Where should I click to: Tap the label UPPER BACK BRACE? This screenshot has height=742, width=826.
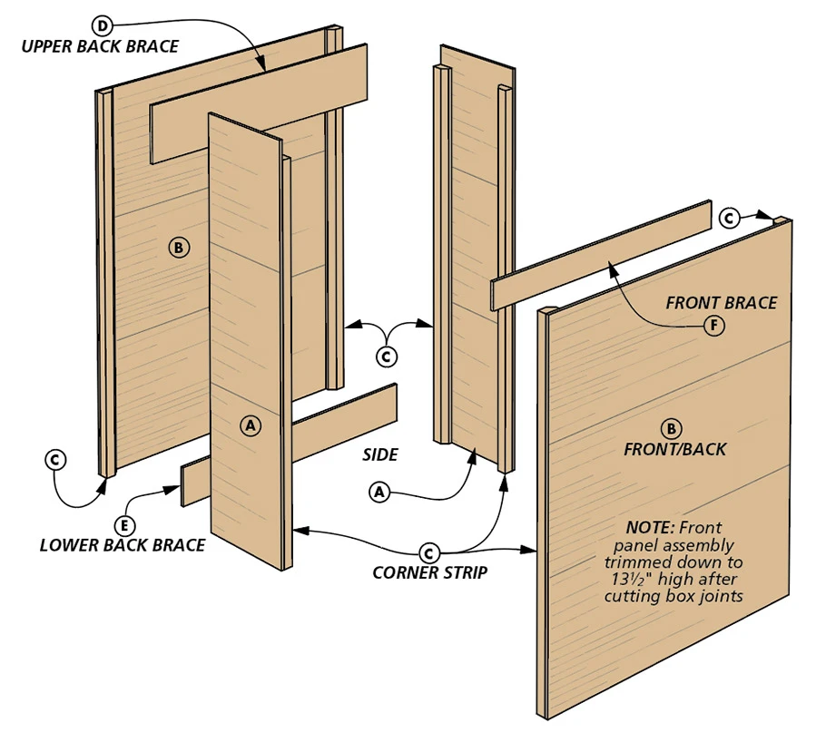(x=101, y=45)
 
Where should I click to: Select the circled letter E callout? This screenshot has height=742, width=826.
(x=125, y=523)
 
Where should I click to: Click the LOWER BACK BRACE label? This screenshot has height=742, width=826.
(x=123, y=545)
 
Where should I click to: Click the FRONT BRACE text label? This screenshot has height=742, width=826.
(x=722, y=303)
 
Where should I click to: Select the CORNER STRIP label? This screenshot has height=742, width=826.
(x=430, y=572)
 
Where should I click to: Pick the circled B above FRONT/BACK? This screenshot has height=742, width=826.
(x=672, y=428)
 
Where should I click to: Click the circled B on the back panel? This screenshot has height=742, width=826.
(x=178, y=246)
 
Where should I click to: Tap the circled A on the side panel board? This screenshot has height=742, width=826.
(x=251, y=424)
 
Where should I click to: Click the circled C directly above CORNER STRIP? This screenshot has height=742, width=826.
(x=430, y=552)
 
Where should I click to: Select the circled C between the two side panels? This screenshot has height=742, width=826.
(x=388, y=356)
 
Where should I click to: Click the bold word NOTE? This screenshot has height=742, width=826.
(x=650, y=527)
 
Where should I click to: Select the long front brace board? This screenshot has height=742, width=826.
(x=599, y=257)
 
